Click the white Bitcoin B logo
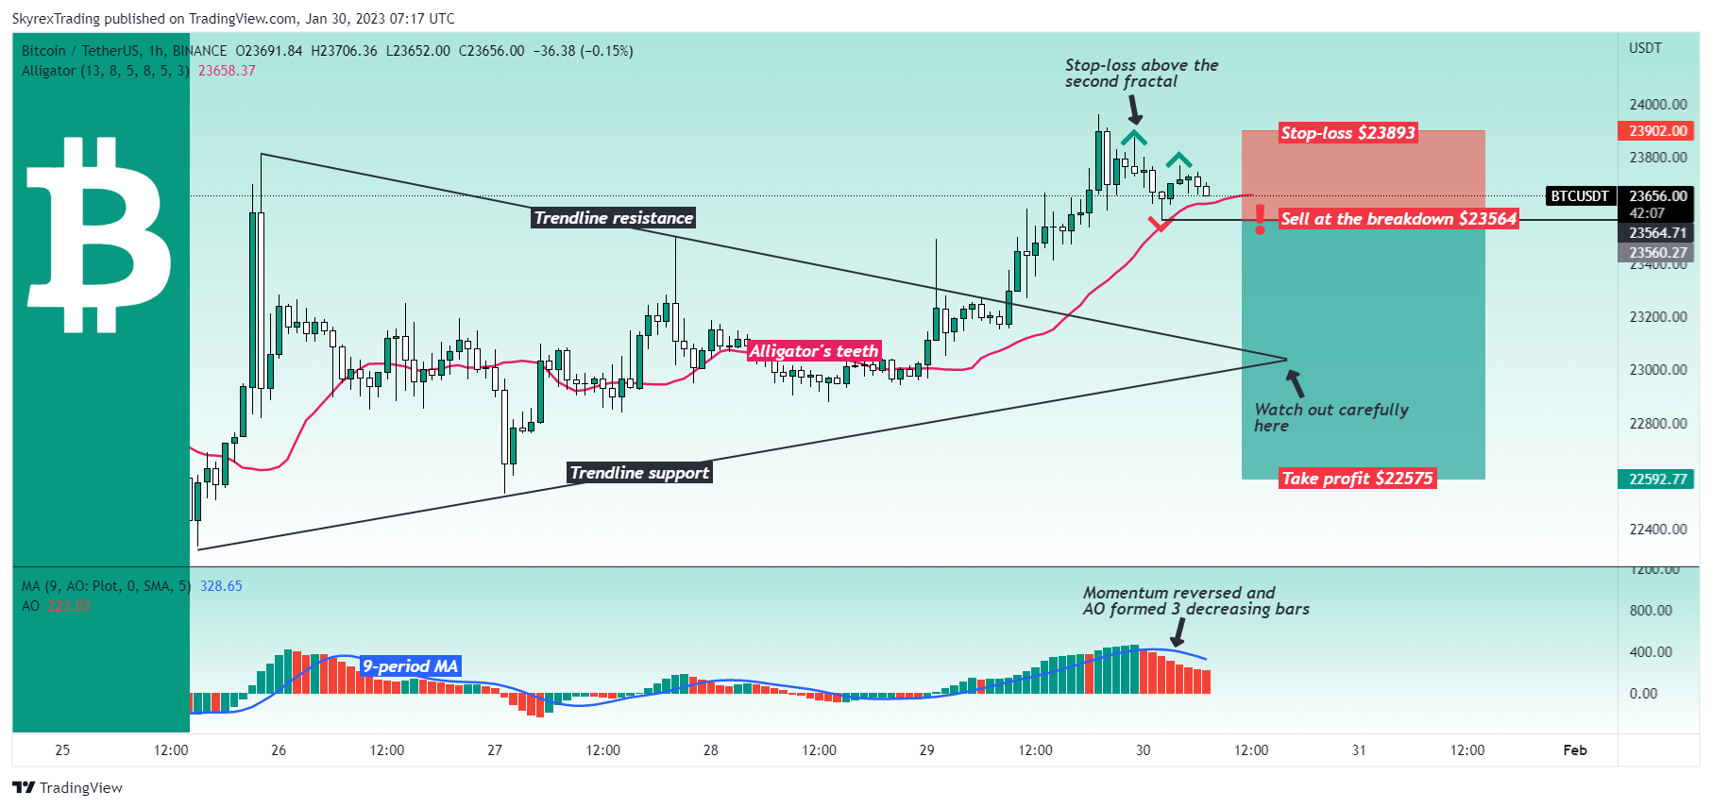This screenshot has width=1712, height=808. (99, 235)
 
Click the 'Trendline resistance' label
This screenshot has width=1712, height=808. (614, 218)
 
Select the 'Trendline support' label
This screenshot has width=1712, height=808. (639, 473)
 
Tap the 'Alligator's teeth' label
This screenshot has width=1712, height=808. (814, 351)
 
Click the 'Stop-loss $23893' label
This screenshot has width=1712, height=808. (1348, 133)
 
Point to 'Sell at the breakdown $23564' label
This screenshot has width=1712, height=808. (1398, 219)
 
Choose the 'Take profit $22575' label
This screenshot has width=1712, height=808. (1357, 479)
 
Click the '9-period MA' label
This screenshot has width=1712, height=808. (410, 666)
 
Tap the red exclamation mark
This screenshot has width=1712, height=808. (1260, 218)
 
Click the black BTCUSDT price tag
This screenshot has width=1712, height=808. (1580, 196)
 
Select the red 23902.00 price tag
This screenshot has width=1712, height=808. (1658, 131)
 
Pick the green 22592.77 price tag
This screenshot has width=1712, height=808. (1658, 480)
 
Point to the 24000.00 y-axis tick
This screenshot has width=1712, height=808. (1658, 105)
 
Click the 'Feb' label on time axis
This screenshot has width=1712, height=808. (1575, 750)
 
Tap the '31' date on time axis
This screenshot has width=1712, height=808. (1359, 750)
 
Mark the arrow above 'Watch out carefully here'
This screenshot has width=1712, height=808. (1295, 382)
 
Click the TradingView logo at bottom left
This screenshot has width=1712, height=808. (67, 788)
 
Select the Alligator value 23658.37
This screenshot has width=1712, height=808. (227, 71)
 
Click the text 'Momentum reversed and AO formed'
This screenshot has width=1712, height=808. (1178, 593)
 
